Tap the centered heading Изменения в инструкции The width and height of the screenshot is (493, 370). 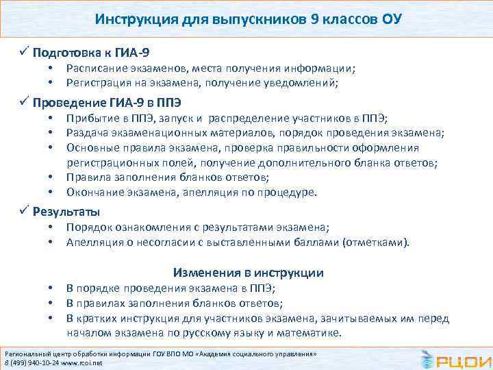pos(249,272)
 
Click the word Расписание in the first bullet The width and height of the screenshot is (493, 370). pos(94,69)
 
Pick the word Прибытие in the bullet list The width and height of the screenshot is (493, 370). pos(90,119)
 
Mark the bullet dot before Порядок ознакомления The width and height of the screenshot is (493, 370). pos(51,228)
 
